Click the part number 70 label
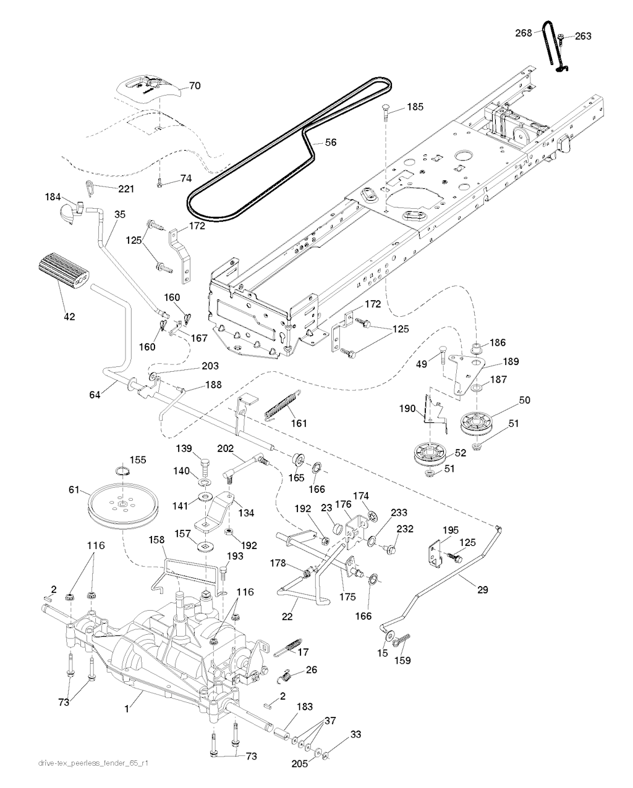click(195, 86)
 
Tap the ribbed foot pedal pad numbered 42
click(62, 270)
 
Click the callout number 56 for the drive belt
click(331, 142)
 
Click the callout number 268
click(523, 33)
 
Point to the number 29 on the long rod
click(482, 590)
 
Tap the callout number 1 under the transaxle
click(127, 709)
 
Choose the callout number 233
click(399, 513)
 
